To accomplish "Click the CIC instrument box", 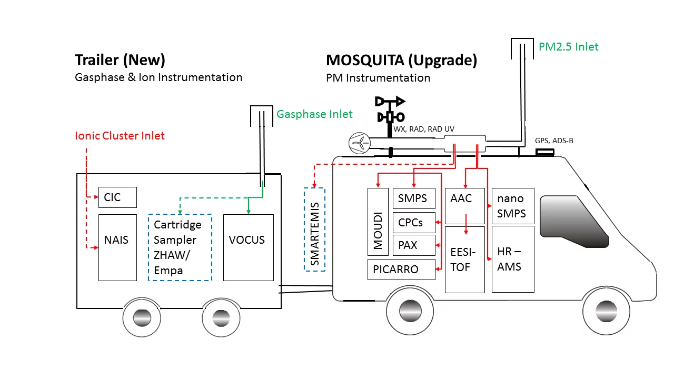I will [x=117, y=197].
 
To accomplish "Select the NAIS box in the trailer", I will [x=117, y=247].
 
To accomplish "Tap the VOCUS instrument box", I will [x=248, y=247].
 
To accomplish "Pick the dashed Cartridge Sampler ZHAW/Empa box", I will [x=180, y=247].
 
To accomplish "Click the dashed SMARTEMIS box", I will [x=314, y=230].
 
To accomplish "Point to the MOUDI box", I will [x=378, y=222].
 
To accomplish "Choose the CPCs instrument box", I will [x=414, y=222].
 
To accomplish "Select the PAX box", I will [x=414, y=245].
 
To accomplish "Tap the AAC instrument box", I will [x=464, y=206].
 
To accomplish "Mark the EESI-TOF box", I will [x=464, y=260].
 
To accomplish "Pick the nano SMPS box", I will [x=512, y=206].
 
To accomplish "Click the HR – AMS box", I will [x=512, y=259].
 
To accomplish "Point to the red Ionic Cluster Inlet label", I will [x=120, y=136].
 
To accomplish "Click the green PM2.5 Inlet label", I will [x=569, y=47].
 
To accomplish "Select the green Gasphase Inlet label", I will [x=314, y=114].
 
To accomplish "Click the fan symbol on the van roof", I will [x=360, y=143].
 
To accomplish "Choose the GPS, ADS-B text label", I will [x=554, y=141].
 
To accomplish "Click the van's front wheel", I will [x=607, y=311].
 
